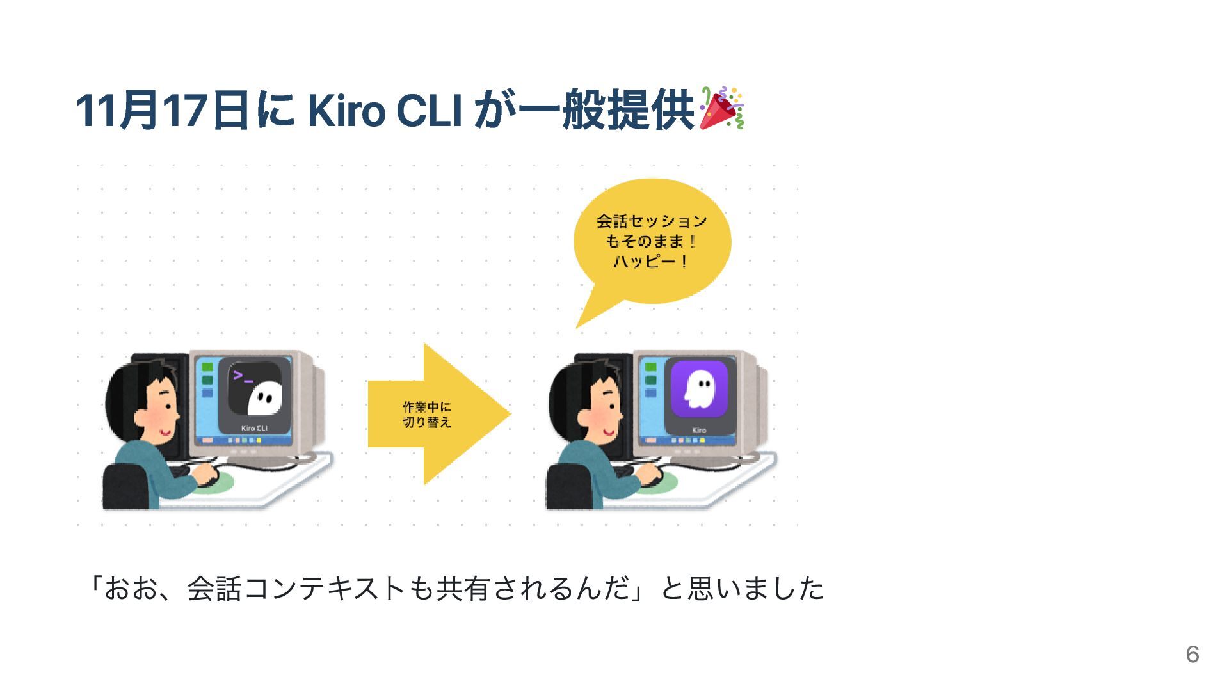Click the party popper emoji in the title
tap(721, 108)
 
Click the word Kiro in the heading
tap(346, 110)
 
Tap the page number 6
tap(1192, 654)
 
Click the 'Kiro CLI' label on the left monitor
tap(254, 428)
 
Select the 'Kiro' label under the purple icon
tap(699, 430)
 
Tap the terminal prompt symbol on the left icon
tap(243, 377)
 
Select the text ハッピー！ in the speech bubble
tap(651, 262)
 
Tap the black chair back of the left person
tap(125, 486)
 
